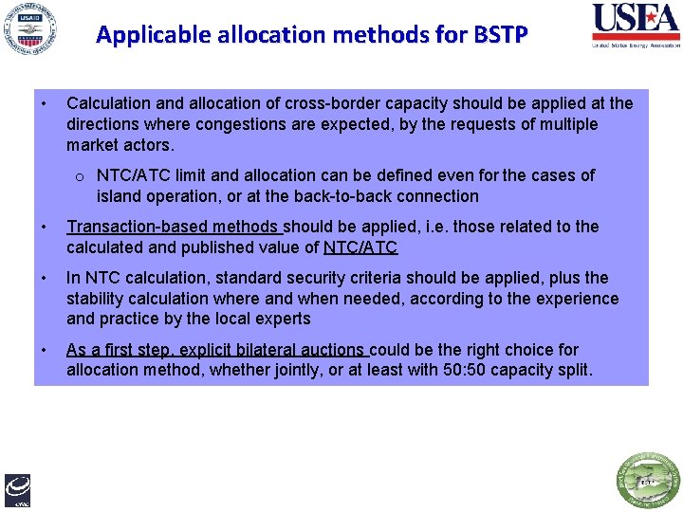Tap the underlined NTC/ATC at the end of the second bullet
point(360,247)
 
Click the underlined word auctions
point(330,350)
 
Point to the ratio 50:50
point(462,370)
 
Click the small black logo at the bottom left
point(17,489)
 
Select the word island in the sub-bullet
point(118,196)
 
